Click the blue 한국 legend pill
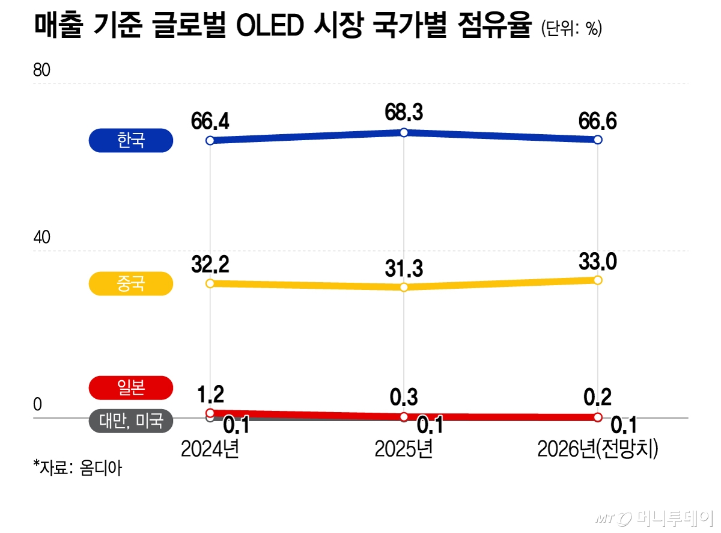point(131,141)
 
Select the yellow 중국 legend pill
point(131,283)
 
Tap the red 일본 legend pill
point(131,388)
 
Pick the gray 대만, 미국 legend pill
point(131,421)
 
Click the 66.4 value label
point(210,122)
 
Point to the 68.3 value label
point(404,112)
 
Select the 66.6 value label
point(597,121)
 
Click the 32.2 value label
point(210,263)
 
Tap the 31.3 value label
point(404,268)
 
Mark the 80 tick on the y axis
point(41,70)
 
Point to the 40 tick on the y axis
point(41,238)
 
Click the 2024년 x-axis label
point(210,449)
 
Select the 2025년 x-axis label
point(404,449)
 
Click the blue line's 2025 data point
point(404,132)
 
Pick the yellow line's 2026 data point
point(597,280)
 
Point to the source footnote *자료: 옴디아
point(78,467)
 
